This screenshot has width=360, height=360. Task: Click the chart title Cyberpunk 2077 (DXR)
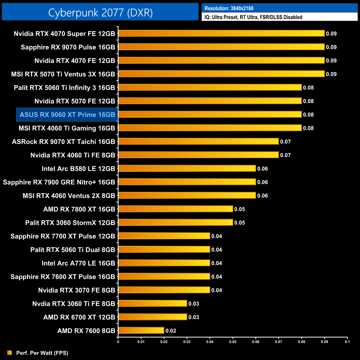(x=100, y=13)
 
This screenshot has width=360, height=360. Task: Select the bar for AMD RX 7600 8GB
(x=141, y=330)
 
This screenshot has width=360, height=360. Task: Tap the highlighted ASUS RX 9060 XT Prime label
(x=67, y=115)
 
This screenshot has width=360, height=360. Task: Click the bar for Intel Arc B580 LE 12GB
(x=187, y=168)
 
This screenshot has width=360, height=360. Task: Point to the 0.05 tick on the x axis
(x=233, y=342)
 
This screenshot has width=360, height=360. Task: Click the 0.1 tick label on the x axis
(x=347, y=342)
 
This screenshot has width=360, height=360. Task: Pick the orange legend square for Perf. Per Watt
(x=10, y=353)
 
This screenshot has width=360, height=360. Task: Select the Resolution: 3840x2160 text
(x=229, y=8)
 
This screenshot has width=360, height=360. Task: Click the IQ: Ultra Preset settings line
(x=253, y=17)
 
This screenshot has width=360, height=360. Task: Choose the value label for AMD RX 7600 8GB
(x=171, y=331)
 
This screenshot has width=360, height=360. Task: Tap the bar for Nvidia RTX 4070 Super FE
(x=221, y=34)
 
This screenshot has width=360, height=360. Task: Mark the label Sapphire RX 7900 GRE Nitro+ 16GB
(x=59, y=182)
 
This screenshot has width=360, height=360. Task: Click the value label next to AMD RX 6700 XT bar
(x=194, y=317)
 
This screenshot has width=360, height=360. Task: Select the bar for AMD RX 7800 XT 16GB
(x=176, y=209)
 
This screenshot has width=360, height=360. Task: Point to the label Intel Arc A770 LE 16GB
(x=78, y=263)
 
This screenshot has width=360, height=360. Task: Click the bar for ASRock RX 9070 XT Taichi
(x=198, y=142)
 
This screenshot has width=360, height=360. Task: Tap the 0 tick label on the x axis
(x=118, y=342)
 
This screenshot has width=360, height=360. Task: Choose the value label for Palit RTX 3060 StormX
(x=240, y=223)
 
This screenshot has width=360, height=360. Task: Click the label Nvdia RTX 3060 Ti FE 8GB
(x=74, y=304)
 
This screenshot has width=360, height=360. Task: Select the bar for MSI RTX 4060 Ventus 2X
(x=187, y=196)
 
